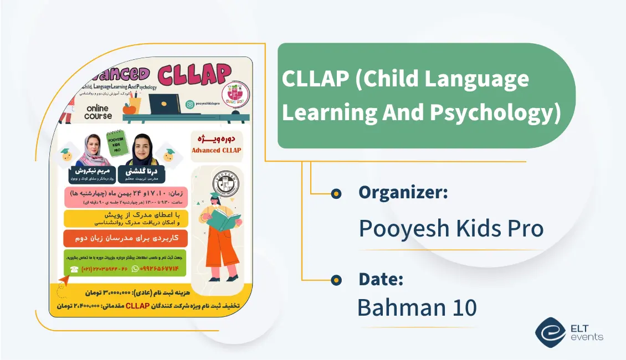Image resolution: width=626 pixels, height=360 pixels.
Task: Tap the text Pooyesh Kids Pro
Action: [451, 228]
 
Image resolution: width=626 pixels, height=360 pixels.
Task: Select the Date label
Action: [381, 279]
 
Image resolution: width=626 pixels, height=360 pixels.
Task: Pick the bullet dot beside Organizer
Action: [335, 193]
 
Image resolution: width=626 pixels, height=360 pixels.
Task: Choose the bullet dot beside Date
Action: [335, 280]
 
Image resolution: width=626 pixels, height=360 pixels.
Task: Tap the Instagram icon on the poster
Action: [189, 104]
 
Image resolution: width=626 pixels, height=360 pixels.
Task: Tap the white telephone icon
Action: [74, 269]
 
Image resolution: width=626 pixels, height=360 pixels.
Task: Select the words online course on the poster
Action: [98, 111]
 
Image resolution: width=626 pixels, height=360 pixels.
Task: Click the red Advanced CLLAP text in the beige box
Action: [217, 150]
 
